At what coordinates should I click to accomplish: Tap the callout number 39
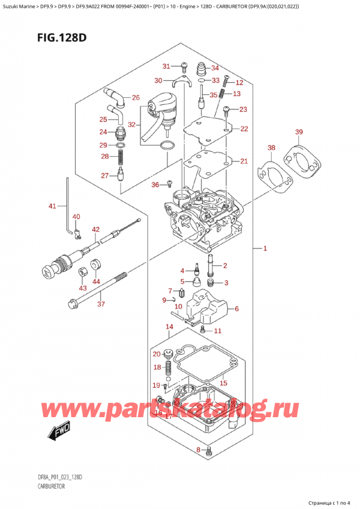click(299, 132)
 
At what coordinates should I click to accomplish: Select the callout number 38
click(271, 148)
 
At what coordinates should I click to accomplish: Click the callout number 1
click(265, 248)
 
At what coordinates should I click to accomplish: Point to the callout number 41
click(52, 206)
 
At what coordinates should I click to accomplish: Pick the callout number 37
click(101, 304)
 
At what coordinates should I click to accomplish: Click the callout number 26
click(136, 97)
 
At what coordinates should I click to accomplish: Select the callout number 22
click(244, 128)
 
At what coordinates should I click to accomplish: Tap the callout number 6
click(236, 309)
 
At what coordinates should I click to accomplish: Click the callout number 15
click(224, 383)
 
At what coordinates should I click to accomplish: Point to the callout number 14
click(169, 327)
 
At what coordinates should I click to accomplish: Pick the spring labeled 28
click(122, 159)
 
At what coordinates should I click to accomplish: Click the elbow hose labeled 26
click(114, 95)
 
